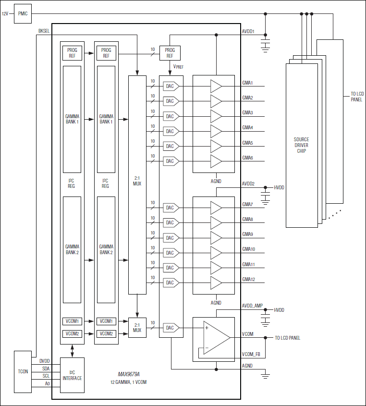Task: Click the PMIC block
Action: tap(23, 13)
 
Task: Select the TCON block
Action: tap(23, 372)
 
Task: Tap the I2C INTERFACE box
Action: tap(72, 375)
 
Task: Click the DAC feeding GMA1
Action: tap(171, 86)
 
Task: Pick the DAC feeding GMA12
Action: tap(171, 283)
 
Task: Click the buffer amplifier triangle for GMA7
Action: tap(216, 208)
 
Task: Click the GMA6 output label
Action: tap(247, 158)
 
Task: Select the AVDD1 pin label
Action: tap(248, 32)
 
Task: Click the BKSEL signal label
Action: tap(44, 31)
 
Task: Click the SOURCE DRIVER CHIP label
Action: tap(301, 145)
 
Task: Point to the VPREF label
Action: tap(178, 67)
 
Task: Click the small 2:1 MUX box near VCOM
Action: tap(137, 327)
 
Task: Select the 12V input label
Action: tap(5, 13)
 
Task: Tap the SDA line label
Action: tap(46, 368)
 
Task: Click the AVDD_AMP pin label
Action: tap(252, 306)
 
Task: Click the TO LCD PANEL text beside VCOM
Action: tap(287, 338)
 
